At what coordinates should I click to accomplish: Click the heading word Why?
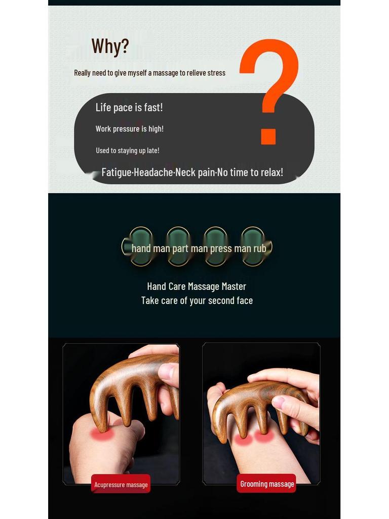click(110, 46)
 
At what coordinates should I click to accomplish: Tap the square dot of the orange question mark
click(268, 137)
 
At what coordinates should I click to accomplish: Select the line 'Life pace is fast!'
click(129, 107)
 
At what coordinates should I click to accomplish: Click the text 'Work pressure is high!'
click(129, 129)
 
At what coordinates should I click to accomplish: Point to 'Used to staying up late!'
click(127, 151)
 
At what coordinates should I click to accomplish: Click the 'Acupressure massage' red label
click(121, 484)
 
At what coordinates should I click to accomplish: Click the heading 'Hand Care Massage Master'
click(197, 286)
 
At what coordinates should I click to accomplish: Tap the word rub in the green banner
click(260, 248)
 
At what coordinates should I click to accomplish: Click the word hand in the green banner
click(141, 248)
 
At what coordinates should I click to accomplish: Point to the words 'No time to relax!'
click(250, 172)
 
